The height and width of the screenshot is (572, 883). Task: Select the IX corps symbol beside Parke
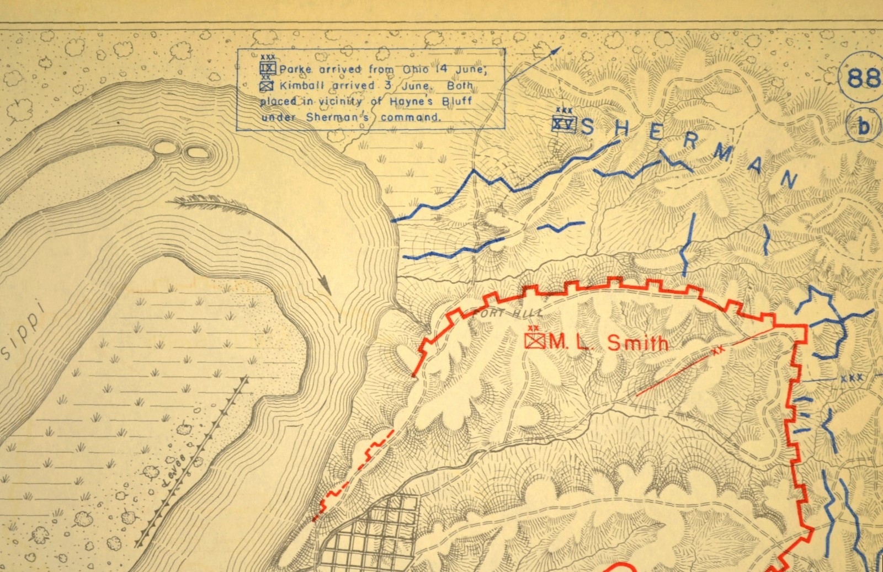coord(269,68)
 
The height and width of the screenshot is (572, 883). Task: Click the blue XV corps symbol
coord(563,125)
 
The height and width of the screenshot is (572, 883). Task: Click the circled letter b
coord(863,127)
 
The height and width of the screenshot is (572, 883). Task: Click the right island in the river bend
coord(194,151)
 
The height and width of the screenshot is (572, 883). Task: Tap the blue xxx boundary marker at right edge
coord(852,379)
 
